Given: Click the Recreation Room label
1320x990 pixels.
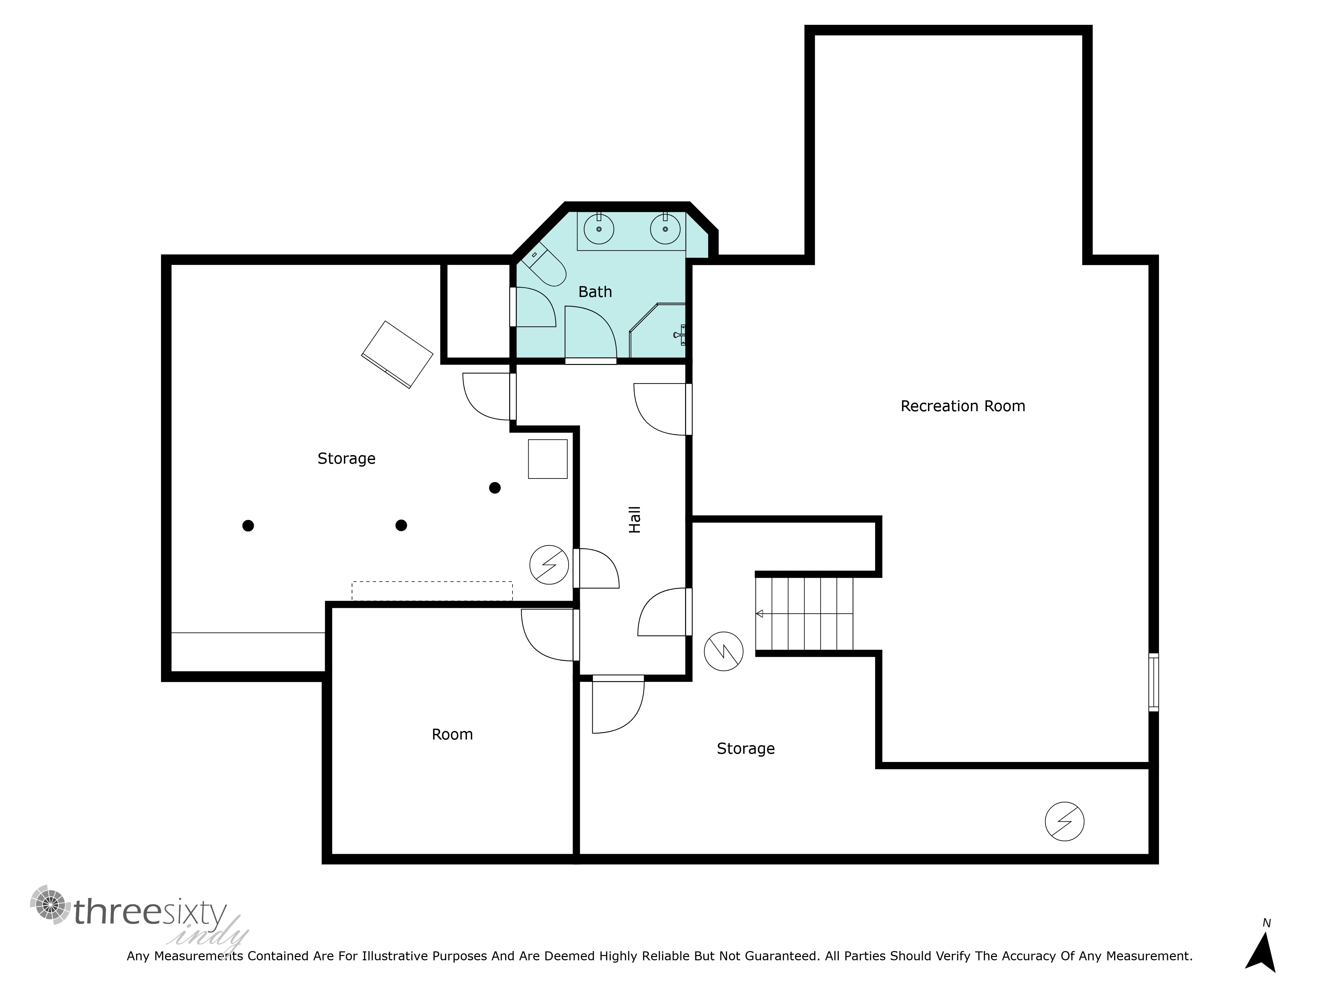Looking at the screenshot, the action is (963, 406).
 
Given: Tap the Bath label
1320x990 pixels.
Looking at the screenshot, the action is (595, 292).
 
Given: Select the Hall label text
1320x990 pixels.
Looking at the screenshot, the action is (635, 519).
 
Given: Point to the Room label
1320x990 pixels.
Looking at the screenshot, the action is (452, 735).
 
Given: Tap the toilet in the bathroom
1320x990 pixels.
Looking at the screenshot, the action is (543, 264).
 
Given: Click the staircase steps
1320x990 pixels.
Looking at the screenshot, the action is (805, 613).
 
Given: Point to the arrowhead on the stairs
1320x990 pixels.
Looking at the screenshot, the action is (760, 613).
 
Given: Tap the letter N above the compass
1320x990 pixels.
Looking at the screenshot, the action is (1266, 923).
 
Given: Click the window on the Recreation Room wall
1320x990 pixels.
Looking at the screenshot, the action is (1153, 682).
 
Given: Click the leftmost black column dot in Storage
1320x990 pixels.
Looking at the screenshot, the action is (248, 526).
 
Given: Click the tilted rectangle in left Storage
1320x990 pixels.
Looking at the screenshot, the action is (397, 354).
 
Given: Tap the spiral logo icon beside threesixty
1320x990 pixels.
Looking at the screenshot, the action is (50, 905).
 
